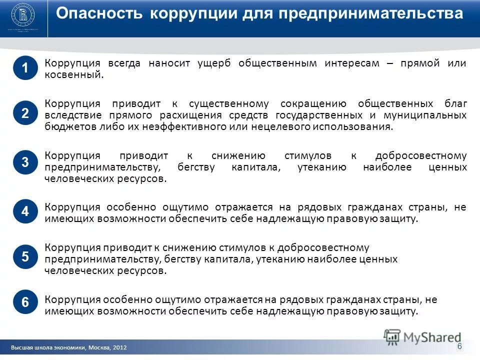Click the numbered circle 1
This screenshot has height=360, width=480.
coord(25,68)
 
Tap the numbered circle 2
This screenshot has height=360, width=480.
coord(25,113)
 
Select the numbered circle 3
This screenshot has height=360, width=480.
coord(25,162)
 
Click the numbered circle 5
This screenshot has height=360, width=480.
coord(25,257)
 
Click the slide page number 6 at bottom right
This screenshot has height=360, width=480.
coord(459,346)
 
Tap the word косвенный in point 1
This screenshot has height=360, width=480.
coord(73,74)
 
